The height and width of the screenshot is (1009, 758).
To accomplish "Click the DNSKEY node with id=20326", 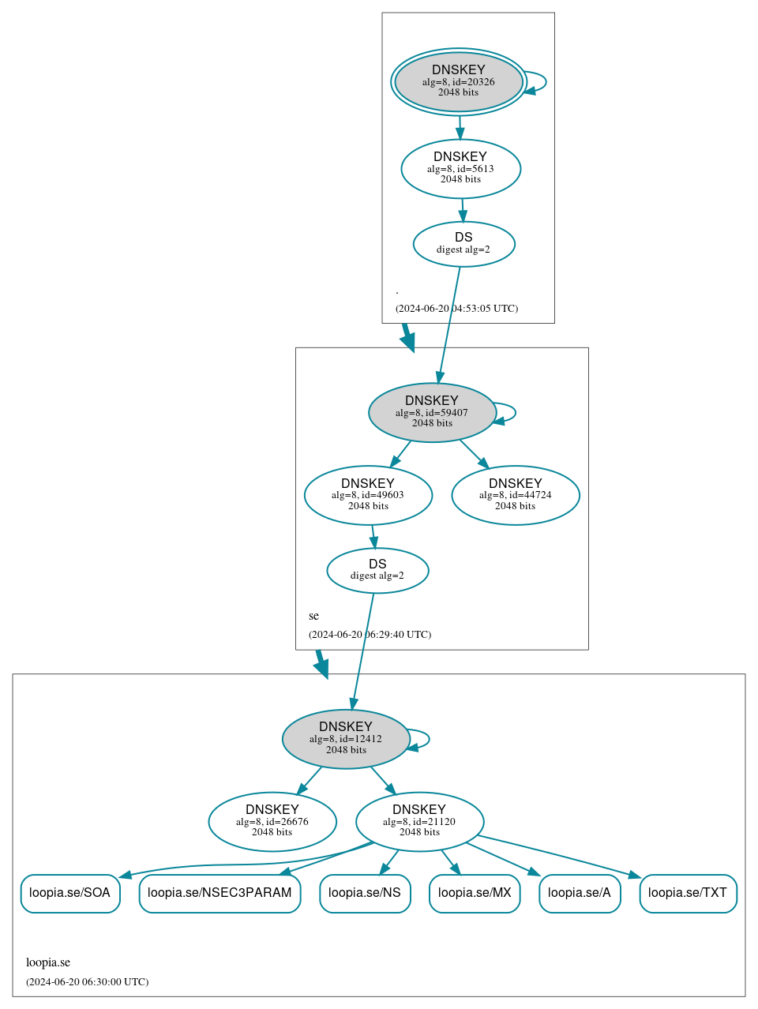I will coord(459,81).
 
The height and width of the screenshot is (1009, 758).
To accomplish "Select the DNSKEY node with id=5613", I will coord(460,168).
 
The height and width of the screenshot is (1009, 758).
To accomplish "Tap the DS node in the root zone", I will coord(463,244).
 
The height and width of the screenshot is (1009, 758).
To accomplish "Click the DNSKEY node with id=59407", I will coord(432,412).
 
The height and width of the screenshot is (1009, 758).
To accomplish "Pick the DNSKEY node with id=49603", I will coord(368,495).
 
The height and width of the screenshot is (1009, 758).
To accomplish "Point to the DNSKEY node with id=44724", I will coord(516,495).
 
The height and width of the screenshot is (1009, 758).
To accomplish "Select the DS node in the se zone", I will coord(377,570).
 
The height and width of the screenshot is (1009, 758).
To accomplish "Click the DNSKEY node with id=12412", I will coord(346,739).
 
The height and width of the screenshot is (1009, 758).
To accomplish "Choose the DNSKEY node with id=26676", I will coord(272,821).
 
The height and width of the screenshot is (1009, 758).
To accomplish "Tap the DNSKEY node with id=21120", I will coord(419,821).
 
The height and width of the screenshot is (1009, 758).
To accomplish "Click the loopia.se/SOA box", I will coord(70,893).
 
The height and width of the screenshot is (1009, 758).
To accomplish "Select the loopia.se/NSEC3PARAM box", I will coord(220,893).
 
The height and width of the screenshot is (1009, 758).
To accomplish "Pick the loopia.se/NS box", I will coord(365,893).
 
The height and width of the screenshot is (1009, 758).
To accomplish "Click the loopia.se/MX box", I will coord(475,893).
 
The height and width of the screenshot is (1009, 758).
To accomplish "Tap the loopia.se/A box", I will coord(580,893).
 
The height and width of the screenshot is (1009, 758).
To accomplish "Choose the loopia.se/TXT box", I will coord(688,893).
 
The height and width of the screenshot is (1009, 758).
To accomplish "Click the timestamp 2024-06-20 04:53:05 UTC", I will coord(456,308).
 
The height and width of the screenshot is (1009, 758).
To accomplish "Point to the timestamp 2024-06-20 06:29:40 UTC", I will coord(370,634).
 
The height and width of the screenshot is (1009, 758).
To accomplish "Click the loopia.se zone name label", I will coord(48,962).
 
